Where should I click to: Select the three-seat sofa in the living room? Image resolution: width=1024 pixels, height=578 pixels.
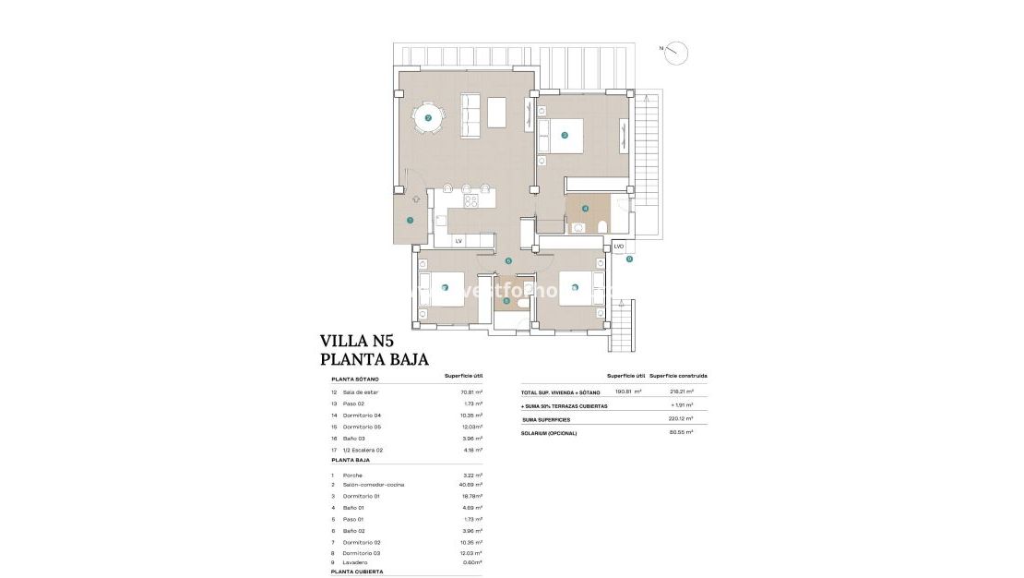pyautogui.click(x=470, y=116)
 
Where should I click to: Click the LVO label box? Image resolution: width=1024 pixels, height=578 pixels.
pyautogui.click(x=619, y=247)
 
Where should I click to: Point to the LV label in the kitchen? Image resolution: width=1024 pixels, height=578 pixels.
pyautogui.click(x=458, y=241)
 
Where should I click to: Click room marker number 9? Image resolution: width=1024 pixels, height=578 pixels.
pyautogui.click(x=629, y=259)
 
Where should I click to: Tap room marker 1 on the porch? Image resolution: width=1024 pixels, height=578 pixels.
pyautogui.click(x=410, y=221)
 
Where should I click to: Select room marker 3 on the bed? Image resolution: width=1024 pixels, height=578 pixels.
pyautogui.click(x=565, y=136)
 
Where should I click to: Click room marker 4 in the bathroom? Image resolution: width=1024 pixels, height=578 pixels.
pyautogui.click(x=585, y=208)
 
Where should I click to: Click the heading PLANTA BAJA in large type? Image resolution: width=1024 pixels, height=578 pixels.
pyautogui.click(x=374, y=360)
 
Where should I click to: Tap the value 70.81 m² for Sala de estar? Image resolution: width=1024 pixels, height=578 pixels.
pyautogui.click(x=471, y=392)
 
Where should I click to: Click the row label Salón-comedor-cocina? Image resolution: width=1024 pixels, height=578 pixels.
pyautogui.click(x=373, y=485)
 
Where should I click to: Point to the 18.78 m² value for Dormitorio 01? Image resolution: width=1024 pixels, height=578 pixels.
pyautogui.click(x=471, y=496)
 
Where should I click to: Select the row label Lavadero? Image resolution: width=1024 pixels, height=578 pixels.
pyautogui.click(x=355, y=562)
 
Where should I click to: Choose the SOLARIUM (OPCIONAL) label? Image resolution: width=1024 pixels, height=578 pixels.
pyautogui.click(x=549, y=433)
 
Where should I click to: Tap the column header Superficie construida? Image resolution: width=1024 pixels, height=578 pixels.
pyautogui.click(x=678, y=377)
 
